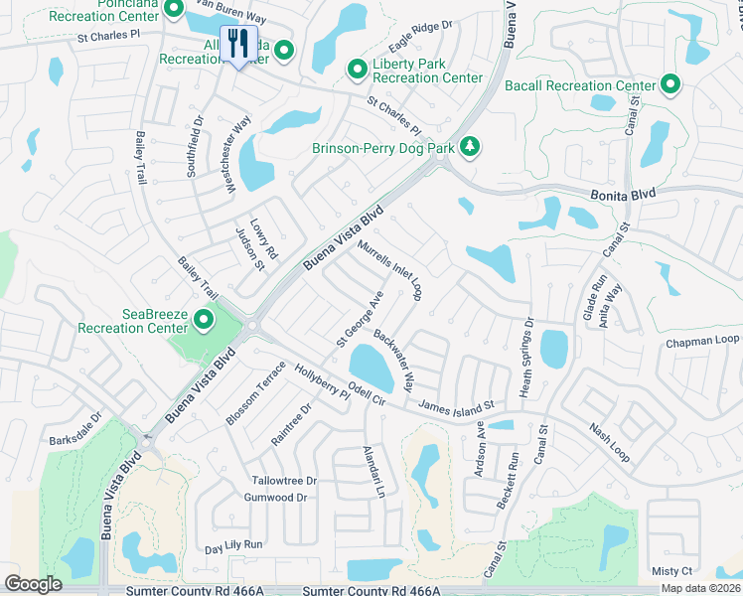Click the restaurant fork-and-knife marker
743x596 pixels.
pyautogui.click(x=237, y=44)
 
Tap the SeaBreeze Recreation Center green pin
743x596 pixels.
pyautogui.click(x=205, y=320)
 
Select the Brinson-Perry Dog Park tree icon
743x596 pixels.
pyautogui.click(x=469, y=148)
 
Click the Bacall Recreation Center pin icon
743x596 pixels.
pyautogui.click(x=670, y=85)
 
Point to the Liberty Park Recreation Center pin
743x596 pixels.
pyautogui.click(x=358, y=69)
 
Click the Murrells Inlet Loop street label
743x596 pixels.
pyautogui.click(x=390, y=269)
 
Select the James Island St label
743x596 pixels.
pyautogui.click(x=457, y=407)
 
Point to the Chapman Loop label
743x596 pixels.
pyautogui.click(x=700, y=340)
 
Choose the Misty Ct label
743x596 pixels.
pyautogui.click(x=671, y=571)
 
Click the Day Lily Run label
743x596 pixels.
pyautogui.click(x=233, y=545)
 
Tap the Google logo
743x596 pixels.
pyautogui.click(x=34, y=583)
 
